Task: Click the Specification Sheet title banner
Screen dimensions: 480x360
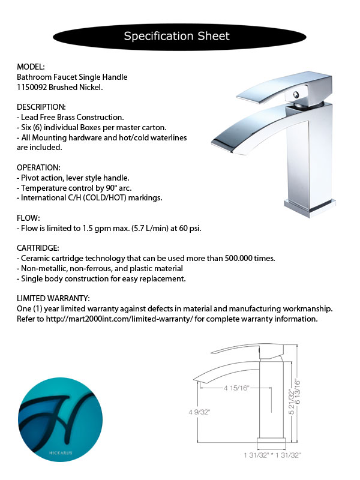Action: click(x=176, y=36)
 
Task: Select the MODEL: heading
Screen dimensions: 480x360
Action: click(x=31, y=67)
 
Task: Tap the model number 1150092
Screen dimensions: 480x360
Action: click(x=32, y=87)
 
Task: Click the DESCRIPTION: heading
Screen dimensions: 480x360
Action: click(x=41, y=107)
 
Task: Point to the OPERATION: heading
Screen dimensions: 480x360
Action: click(x=39, y=167)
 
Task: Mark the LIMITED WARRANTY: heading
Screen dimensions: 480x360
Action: click(x=53, y=298)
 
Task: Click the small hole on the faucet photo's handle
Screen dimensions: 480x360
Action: click(x=296, y=95)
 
